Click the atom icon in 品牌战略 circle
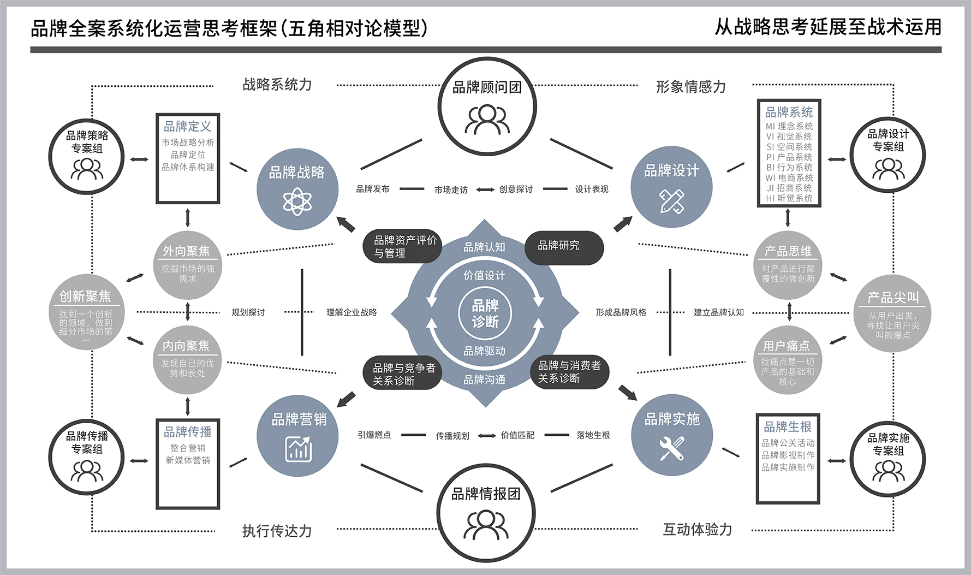297,201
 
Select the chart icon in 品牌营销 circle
298,449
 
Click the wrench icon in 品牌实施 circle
671,448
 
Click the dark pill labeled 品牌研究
564,247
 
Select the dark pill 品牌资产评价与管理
403,247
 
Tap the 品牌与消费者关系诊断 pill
569,372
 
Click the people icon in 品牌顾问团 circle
487,120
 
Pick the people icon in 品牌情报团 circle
486,525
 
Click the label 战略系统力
277,85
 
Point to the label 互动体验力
697,530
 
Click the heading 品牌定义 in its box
188,127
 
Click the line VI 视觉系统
789,137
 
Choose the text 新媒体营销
188,460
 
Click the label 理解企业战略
352,312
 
